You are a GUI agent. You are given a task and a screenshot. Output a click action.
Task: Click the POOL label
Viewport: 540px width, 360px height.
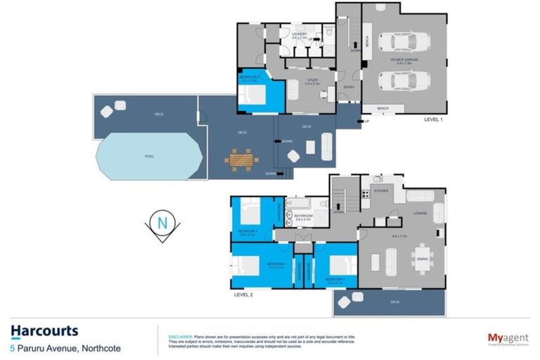tap(149, 156)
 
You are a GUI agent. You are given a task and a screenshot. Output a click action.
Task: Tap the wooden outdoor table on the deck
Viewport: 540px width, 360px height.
tap(237, 160)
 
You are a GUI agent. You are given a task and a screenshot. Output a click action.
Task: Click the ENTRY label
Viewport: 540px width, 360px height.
tap(348, 87)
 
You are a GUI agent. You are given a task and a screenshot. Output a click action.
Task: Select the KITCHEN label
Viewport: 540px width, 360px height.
tap(381, 191)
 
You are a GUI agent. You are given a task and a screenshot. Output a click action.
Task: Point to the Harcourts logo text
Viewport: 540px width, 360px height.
tap(44, 330)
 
